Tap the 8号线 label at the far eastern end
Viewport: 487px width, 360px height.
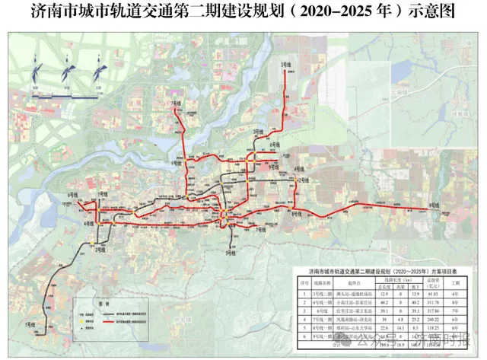pos(433,205)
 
